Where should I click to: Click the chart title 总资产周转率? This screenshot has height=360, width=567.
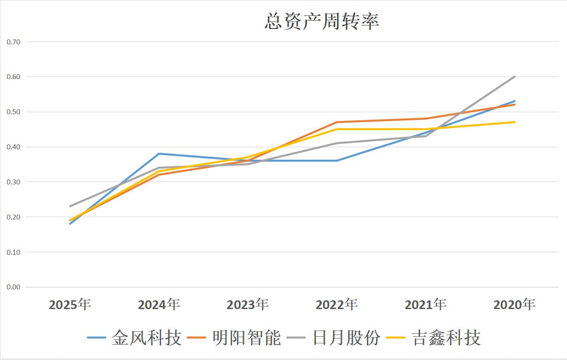[321, 21]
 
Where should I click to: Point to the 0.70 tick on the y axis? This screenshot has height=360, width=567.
[13, 42]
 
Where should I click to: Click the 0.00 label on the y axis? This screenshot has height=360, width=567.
[13, 287]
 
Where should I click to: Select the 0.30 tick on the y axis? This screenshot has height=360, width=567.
[13, 182]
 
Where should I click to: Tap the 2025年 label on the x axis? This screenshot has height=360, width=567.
[70, 304]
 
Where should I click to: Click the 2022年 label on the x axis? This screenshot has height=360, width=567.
[337, 304]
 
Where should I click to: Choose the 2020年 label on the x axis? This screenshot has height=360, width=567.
[514, 304]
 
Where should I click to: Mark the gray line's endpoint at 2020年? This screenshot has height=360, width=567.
[514, 77]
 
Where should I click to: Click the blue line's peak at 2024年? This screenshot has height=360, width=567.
[159, 154]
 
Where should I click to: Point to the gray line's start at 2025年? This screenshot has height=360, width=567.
[70, 206]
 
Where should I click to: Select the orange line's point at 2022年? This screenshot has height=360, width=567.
[337, 122]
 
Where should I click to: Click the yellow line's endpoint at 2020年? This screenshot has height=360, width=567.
[514, 122]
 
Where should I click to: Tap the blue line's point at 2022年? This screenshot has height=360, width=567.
[337, 161]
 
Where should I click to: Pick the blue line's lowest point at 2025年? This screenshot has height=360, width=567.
[70, 224]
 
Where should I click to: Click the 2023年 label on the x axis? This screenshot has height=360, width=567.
[248, 304]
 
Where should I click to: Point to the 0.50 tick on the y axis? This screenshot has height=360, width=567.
[13, 112]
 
